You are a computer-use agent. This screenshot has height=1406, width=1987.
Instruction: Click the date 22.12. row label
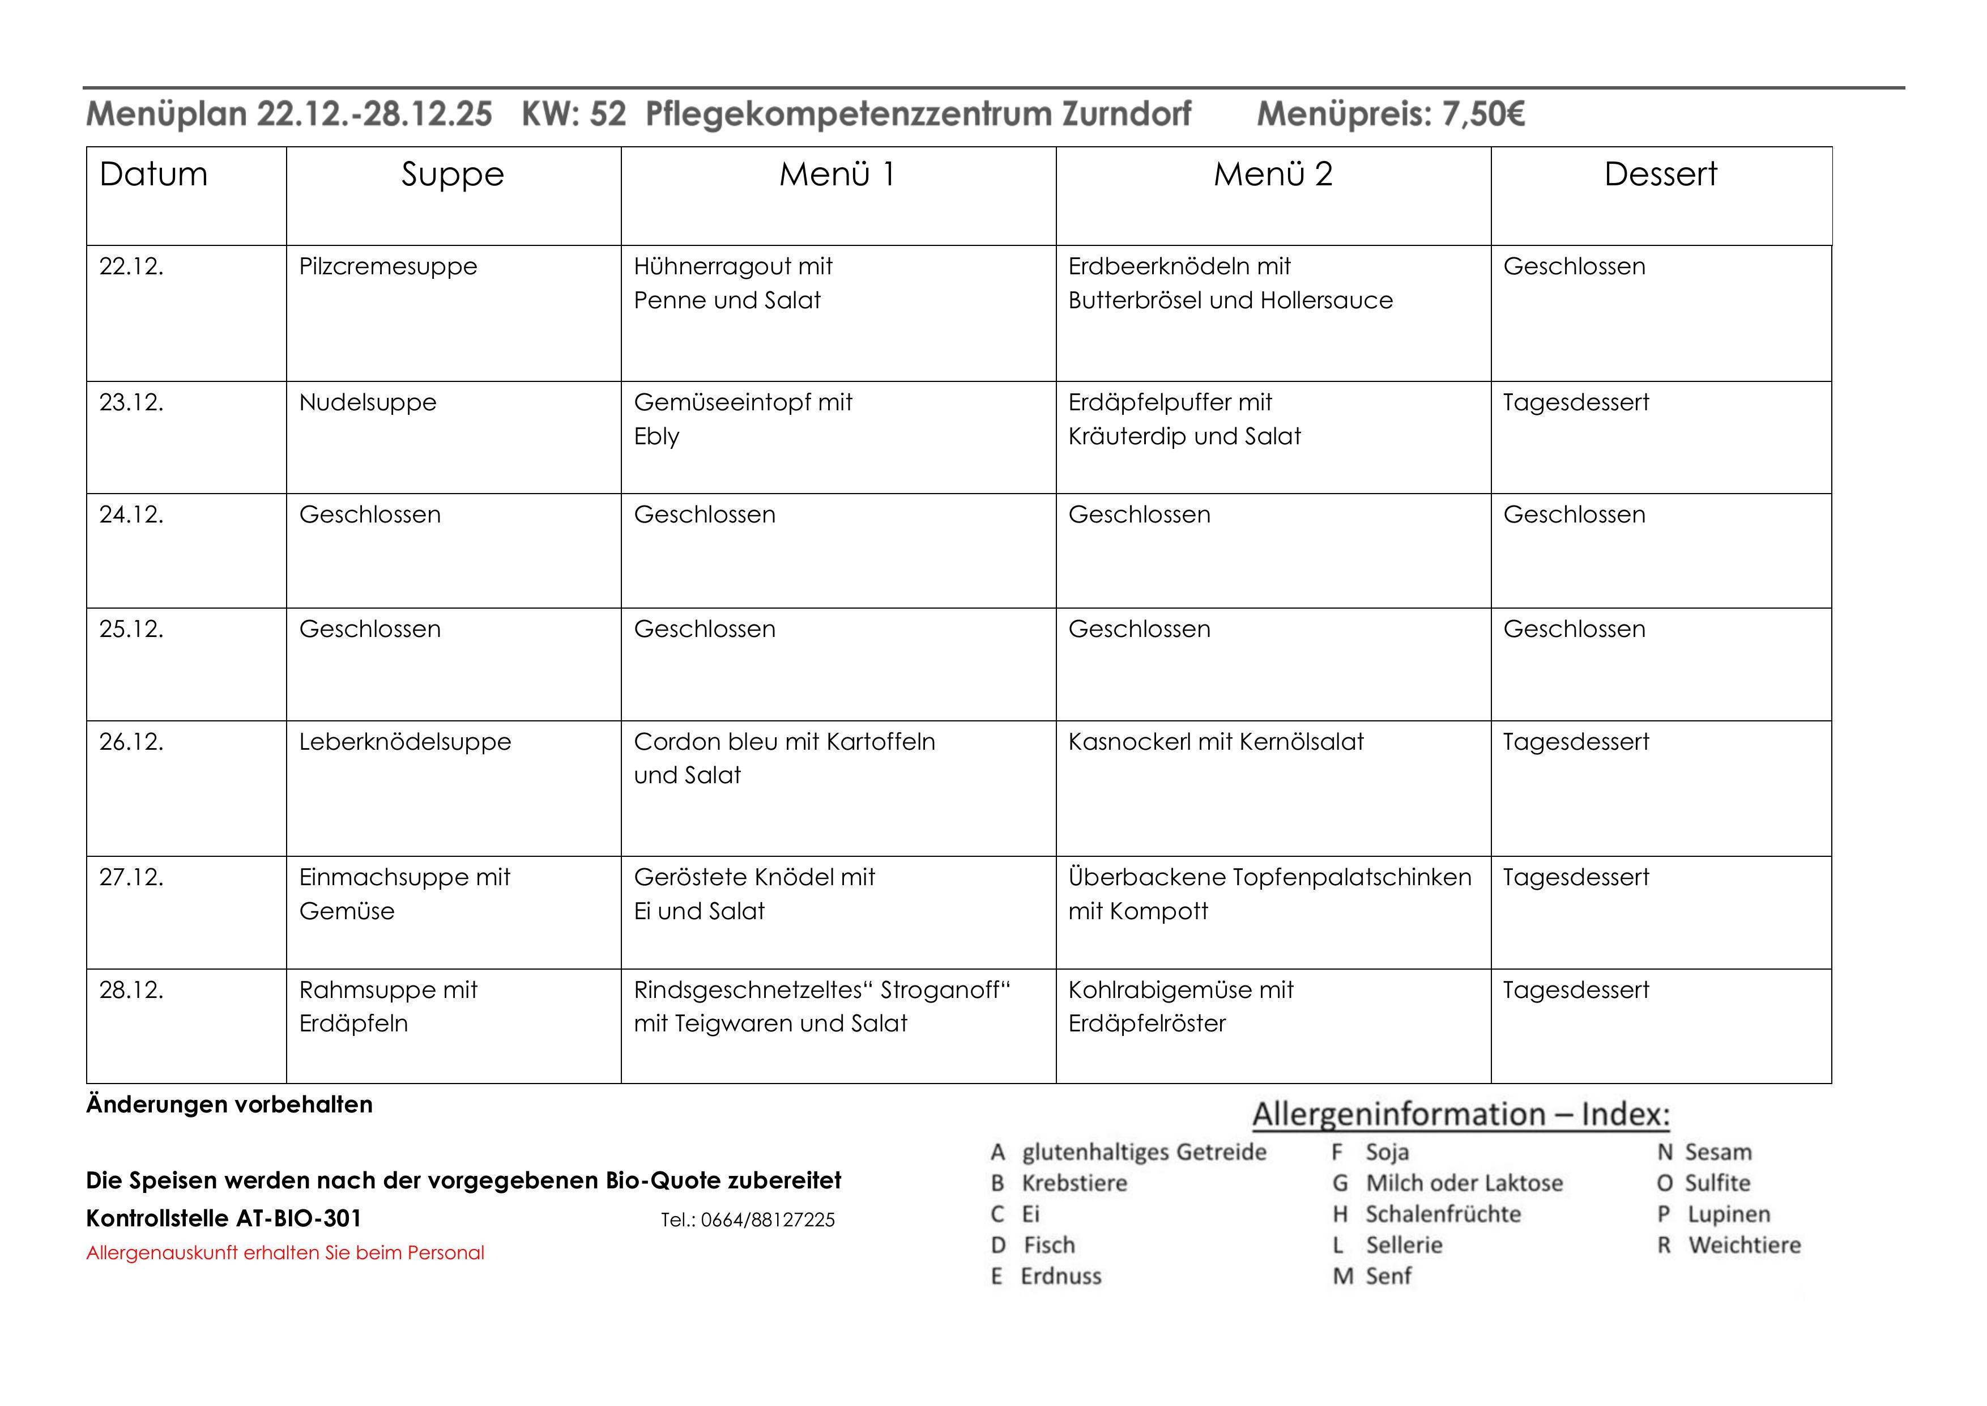tap(131, 267)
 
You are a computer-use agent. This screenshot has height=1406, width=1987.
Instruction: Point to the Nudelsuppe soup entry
tap(368, 402)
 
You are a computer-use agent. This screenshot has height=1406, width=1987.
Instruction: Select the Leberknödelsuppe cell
tap(405, 742)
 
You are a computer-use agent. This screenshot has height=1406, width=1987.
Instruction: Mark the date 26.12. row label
tap(131, 742)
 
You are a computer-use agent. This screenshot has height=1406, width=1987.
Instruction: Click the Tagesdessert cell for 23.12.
tap(1576, 402)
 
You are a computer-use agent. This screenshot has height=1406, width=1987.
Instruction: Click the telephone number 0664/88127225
tap(767, 1221)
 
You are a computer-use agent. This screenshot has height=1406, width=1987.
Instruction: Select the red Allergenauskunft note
tap(285, 1253)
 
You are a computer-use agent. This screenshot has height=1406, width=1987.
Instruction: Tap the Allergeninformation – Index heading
tap(1461, 1114)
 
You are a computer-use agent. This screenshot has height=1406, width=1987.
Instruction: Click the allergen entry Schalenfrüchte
tap(1443, 1214)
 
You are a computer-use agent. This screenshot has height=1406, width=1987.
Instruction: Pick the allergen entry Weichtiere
tap(1744, 1246)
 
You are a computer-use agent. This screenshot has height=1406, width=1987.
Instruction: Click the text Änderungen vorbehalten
tap(229, 1105)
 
